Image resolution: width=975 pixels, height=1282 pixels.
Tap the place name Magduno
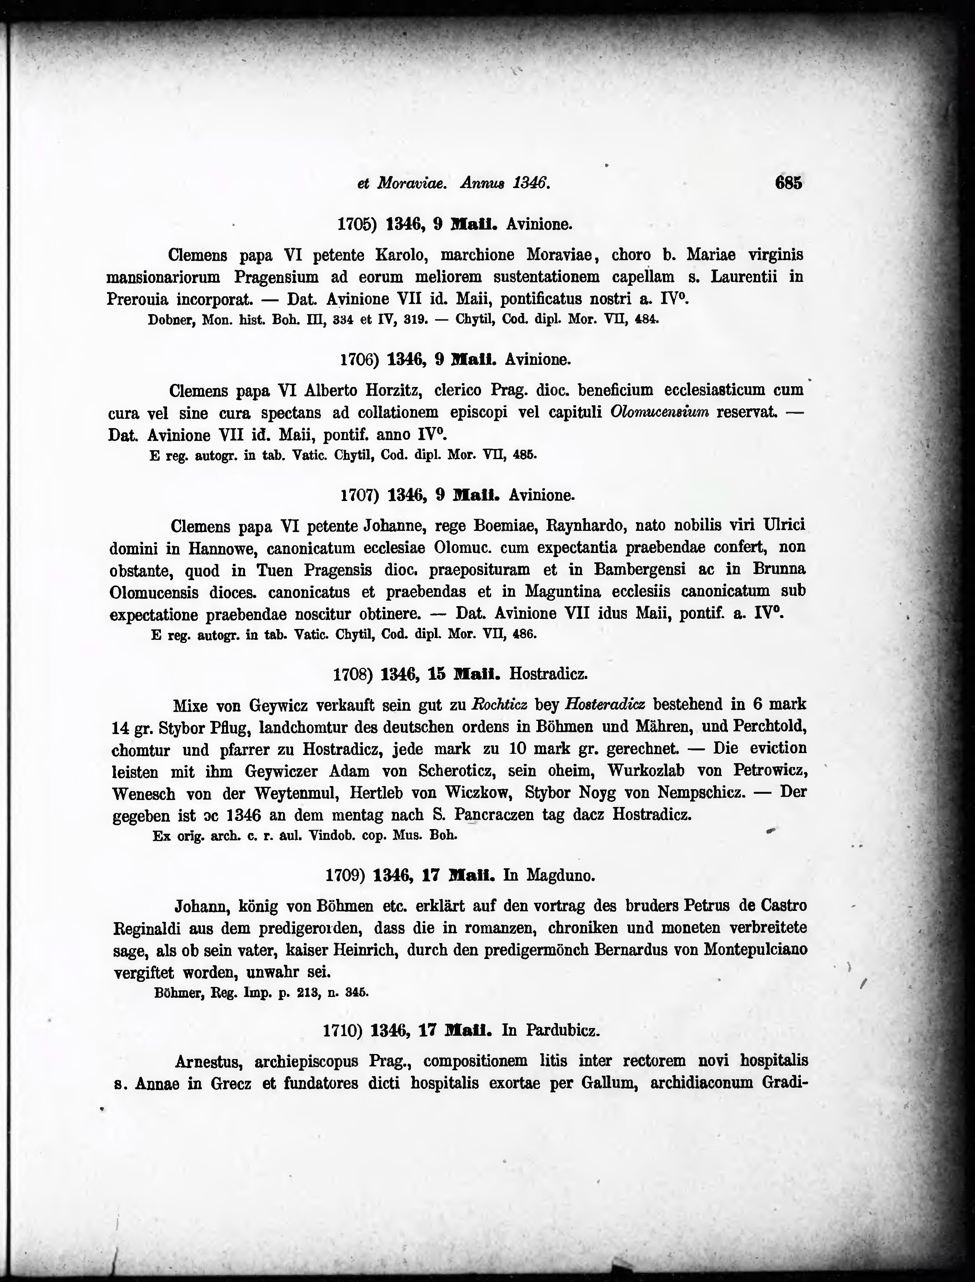560,875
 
